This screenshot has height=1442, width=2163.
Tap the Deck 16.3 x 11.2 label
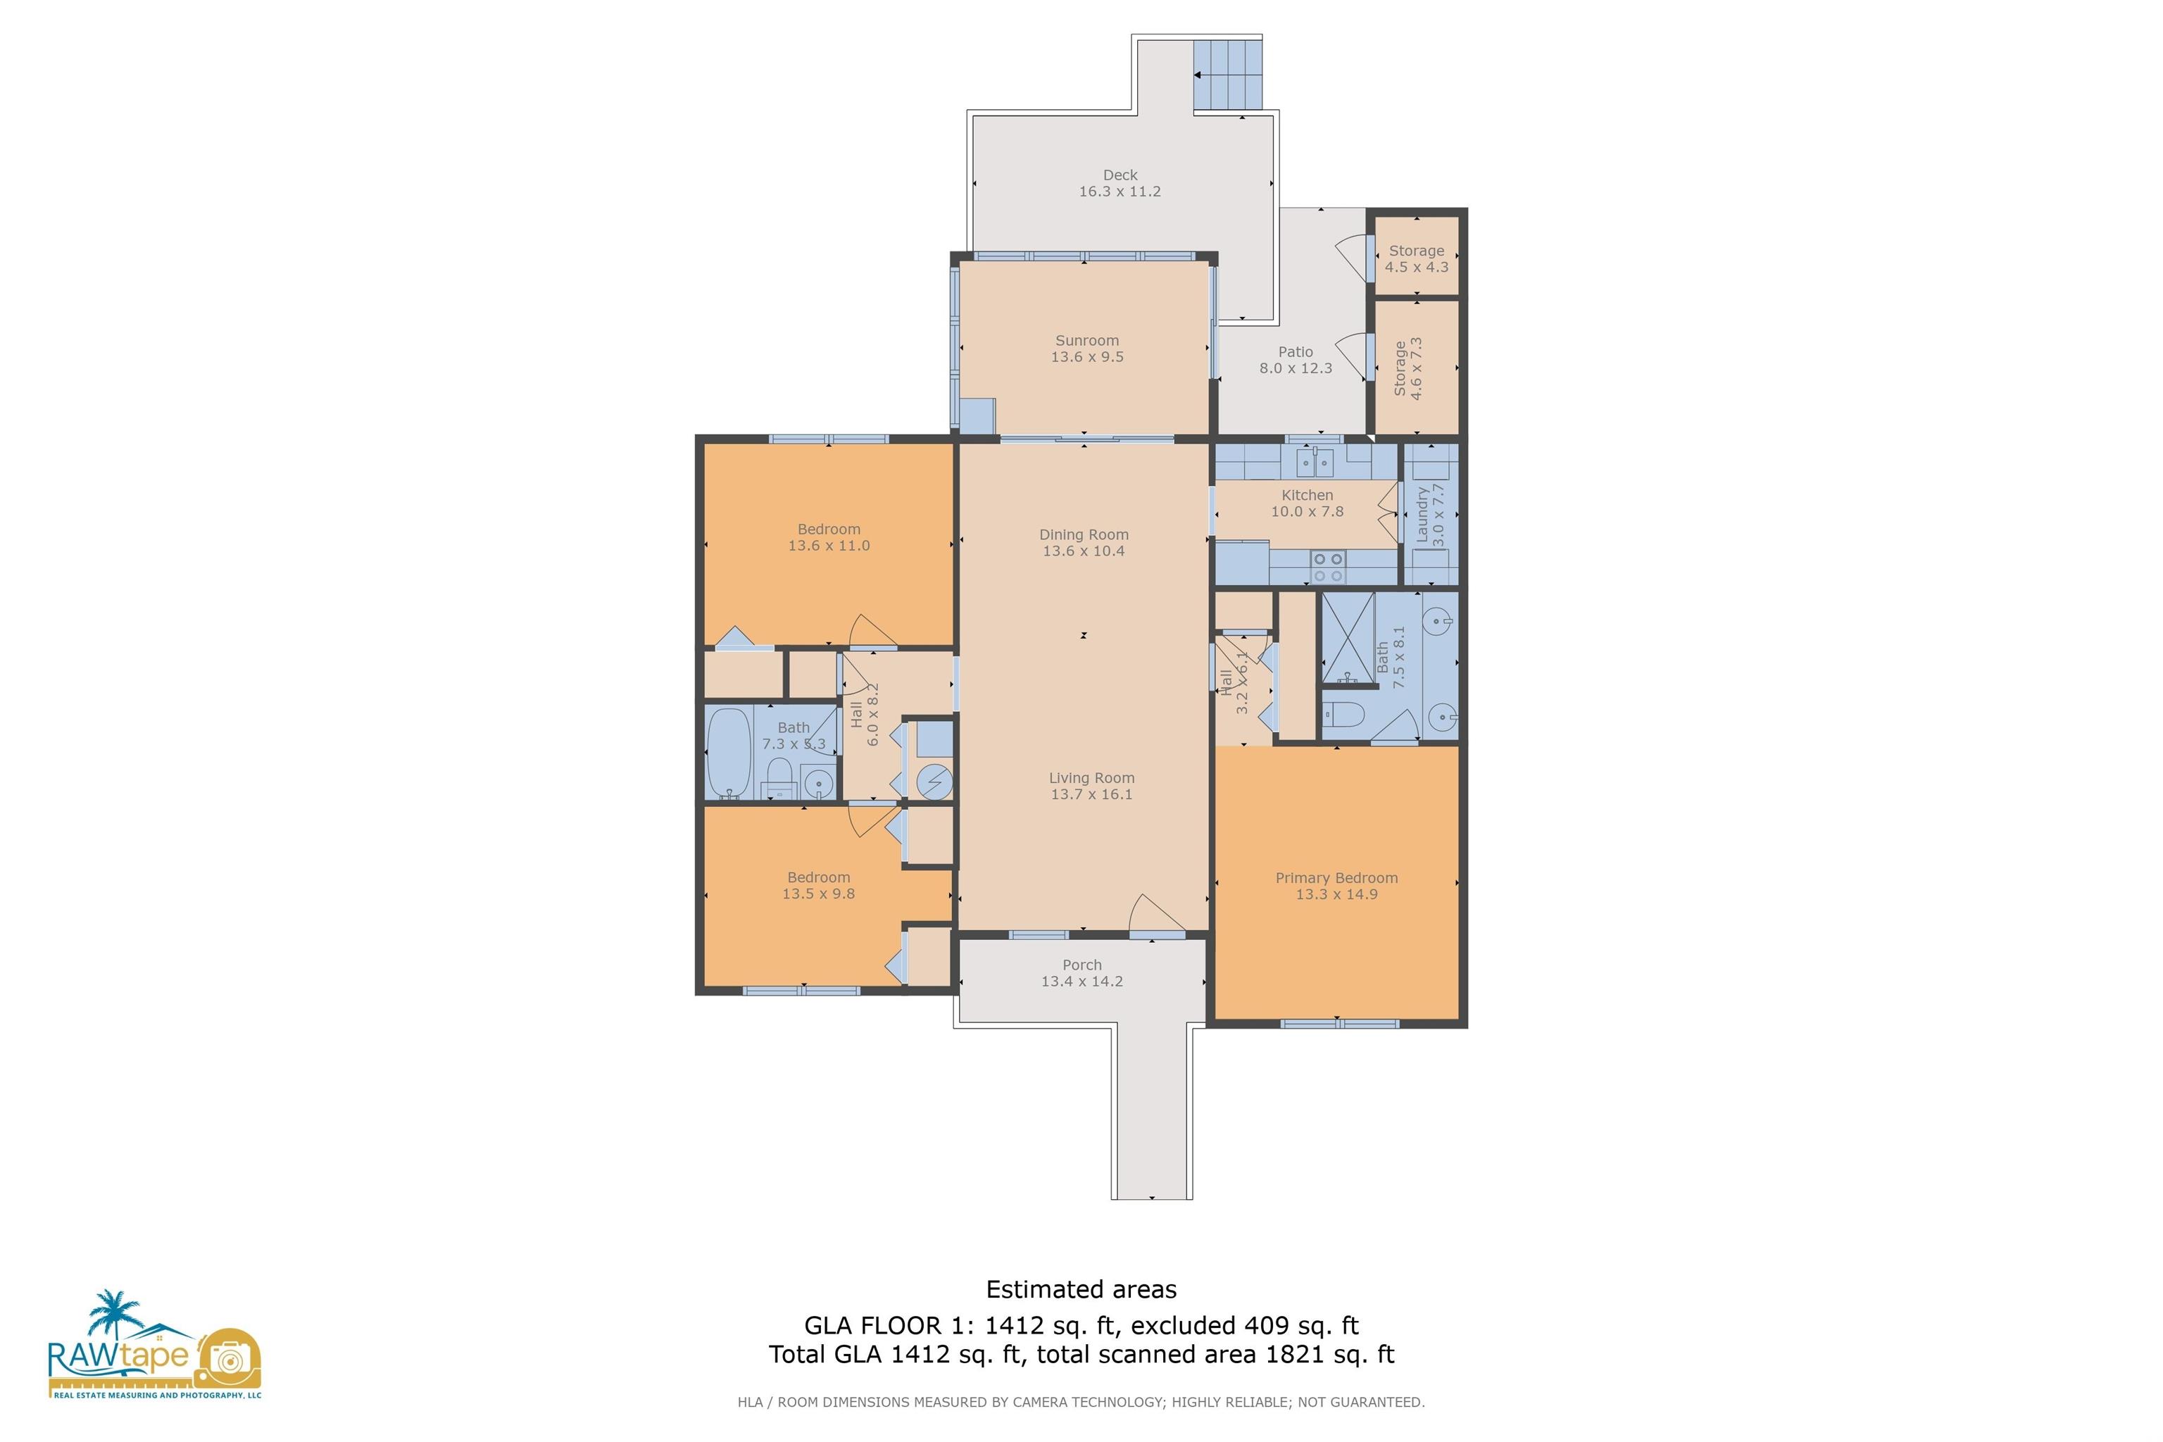pos(1120,183)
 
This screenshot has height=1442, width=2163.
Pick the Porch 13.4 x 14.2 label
pos(1081,973)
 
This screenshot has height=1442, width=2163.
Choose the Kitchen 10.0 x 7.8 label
pos(1307,503)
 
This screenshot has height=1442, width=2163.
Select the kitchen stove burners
pos(1328,567)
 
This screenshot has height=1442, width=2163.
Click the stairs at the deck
pos(1228,73)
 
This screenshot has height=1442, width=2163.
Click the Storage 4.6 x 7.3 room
pos(1416,368)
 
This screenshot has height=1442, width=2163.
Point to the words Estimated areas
pos(1081,1289)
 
